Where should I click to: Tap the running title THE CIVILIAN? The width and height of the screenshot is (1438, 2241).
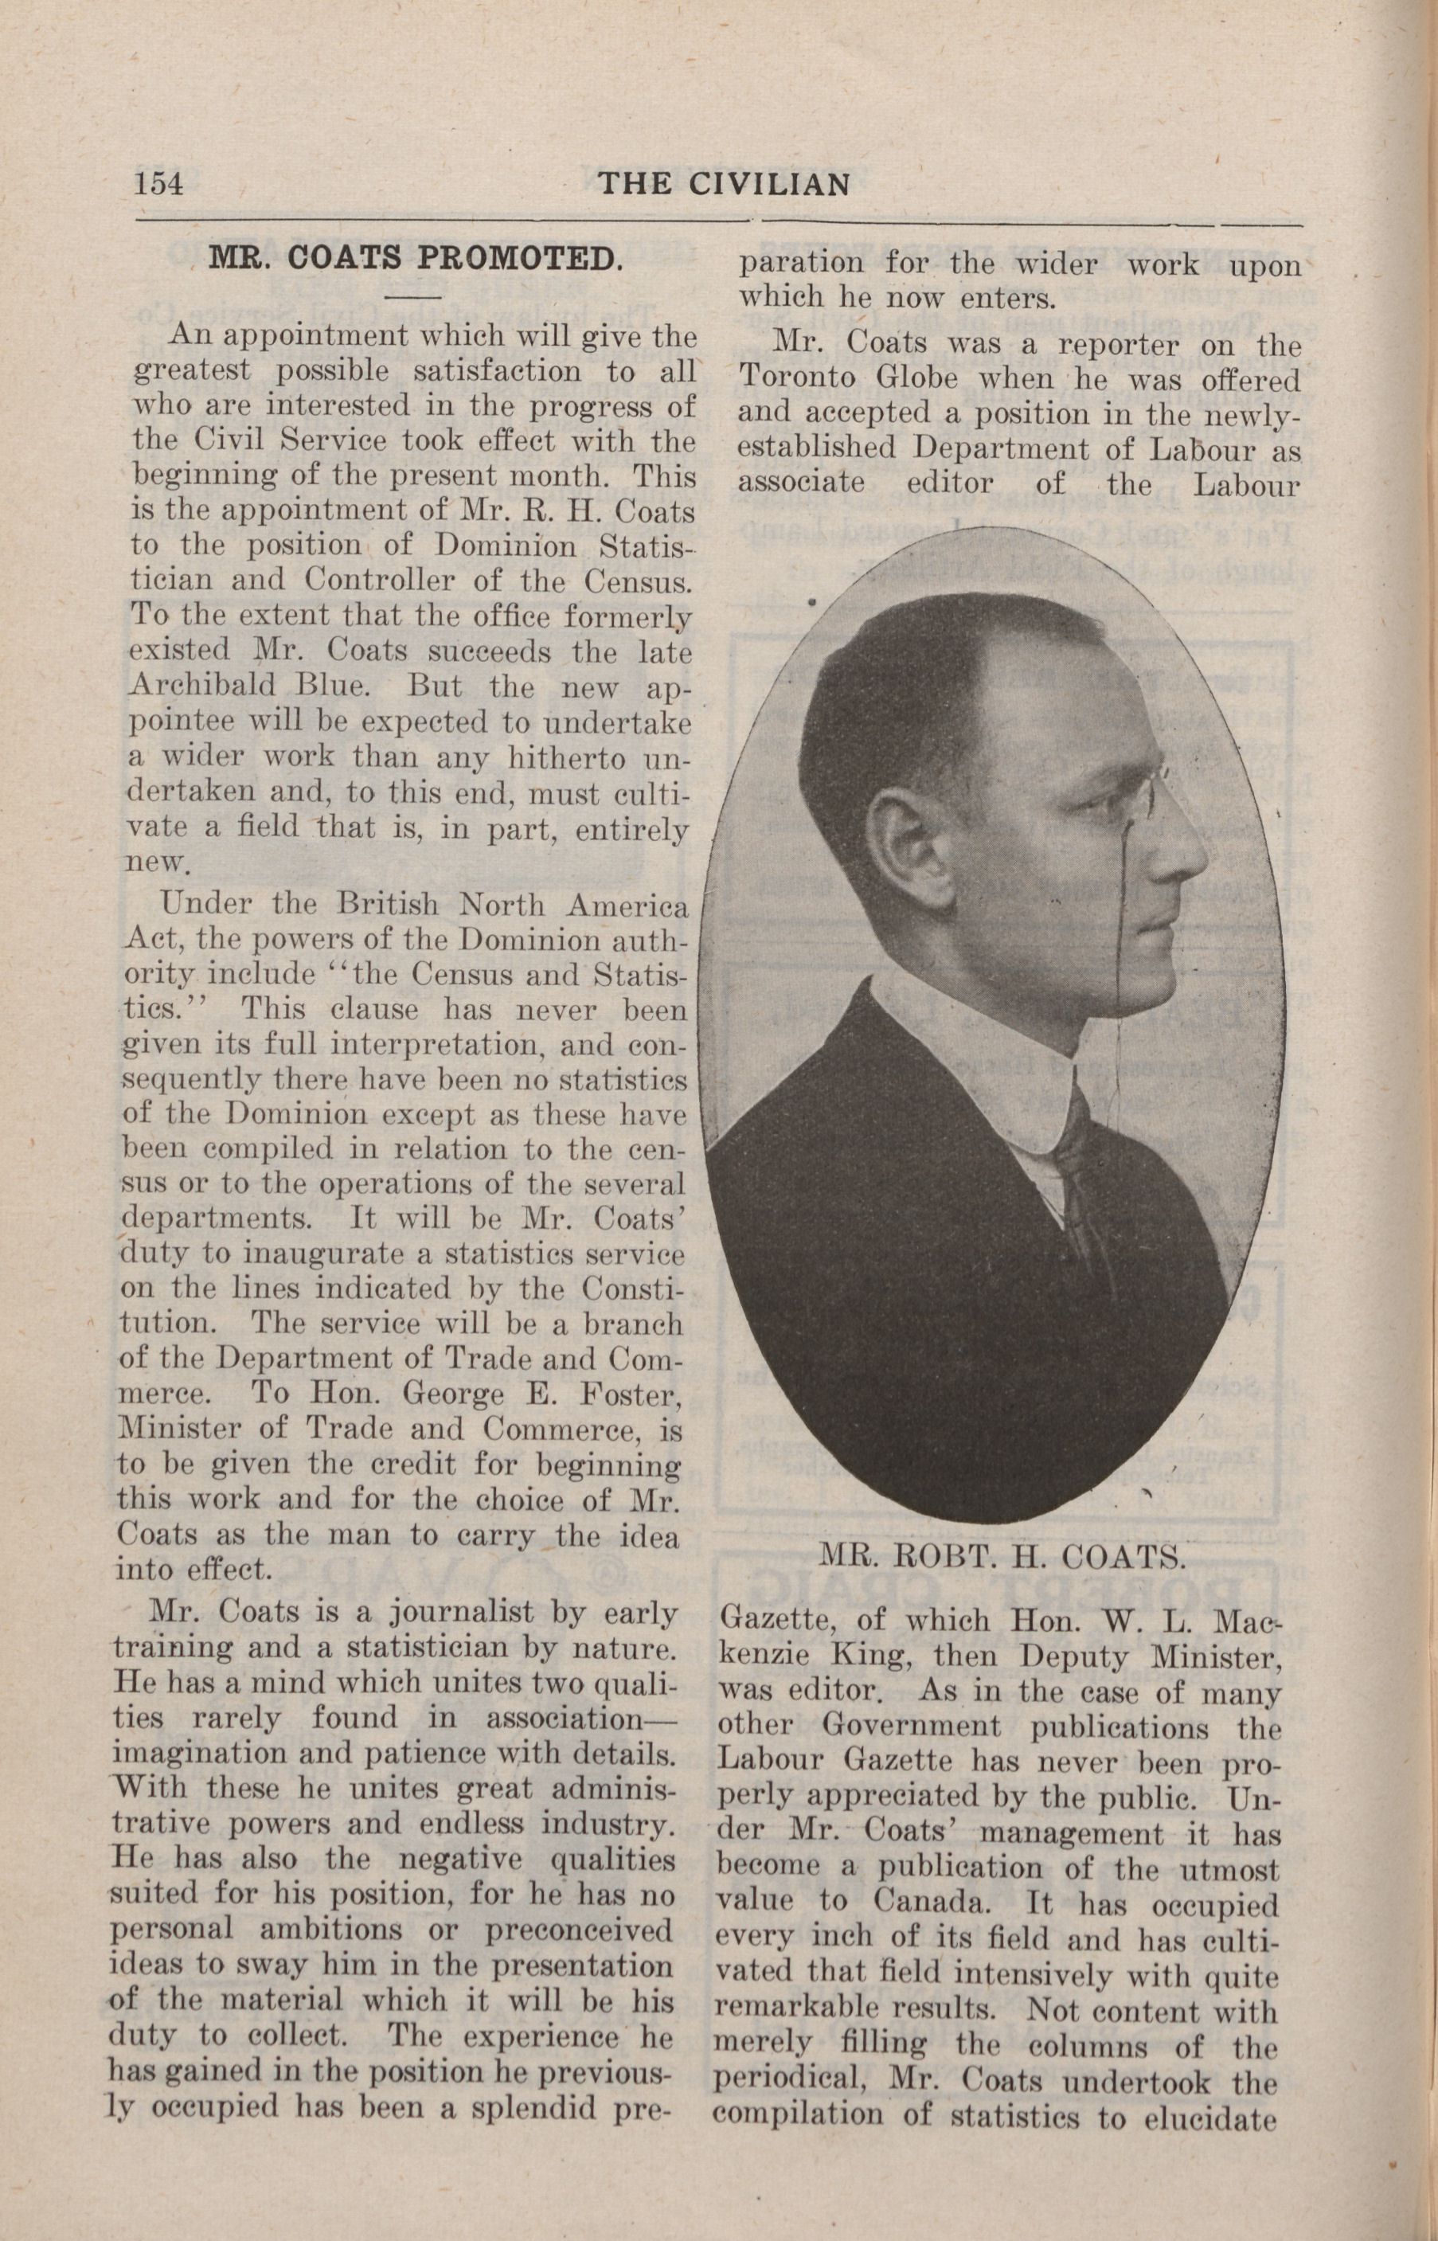coord(724,184)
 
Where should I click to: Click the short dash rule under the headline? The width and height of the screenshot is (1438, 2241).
coord(404,298)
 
